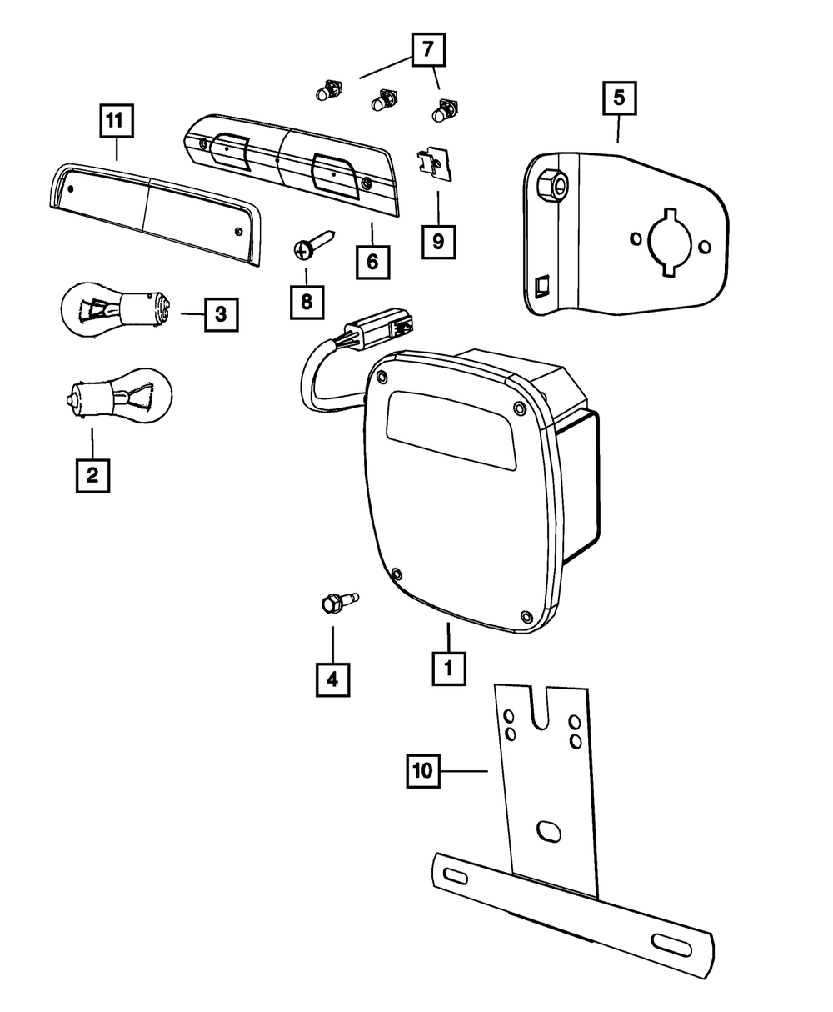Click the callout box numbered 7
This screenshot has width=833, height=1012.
point(428,49)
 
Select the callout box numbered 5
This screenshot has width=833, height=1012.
point(620,98)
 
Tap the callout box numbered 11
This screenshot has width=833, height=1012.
point(117,120)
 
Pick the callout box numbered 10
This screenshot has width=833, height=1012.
point(423,770)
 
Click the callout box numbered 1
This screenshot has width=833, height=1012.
point(449,669)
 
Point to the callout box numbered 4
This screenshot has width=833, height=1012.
point(332,680)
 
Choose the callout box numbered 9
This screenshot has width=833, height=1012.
point(438,242)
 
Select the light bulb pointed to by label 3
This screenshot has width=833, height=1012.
point(116,310)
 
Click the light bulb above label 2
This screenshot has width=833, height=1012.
point(118,395)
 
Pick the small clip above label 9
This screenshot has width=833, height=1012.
point(433,164)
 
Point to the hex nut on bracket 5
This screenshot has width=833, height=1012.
point(552,184)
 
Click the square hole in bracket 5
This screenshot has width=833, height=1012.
point(542,286)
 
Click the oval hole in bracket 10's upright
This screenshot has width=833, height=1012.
point(549,831)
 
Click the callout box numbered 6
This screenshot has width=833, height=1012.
point(373,263)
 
